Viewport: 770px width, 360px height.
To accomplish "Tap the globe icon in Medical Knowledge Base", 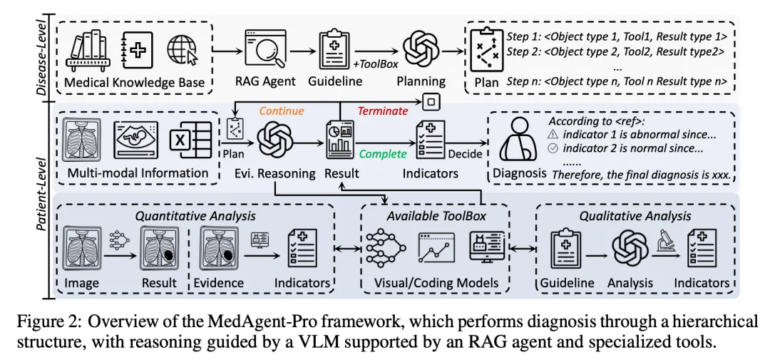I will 183,50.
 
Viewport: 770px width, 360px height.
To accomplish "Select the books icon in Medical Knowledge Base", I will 88,49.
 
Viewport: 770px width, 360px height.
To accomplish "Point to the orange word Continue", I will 281,111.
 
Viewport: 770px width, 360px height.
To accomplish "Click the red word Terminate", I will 382,111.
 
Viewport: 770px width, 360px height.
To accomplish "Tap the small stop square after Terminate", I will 429,102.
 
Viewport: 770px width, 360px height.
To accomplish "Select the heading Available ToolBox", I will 437,217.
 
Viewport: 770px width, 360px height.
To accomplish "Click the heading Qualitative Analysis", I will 634,217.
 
